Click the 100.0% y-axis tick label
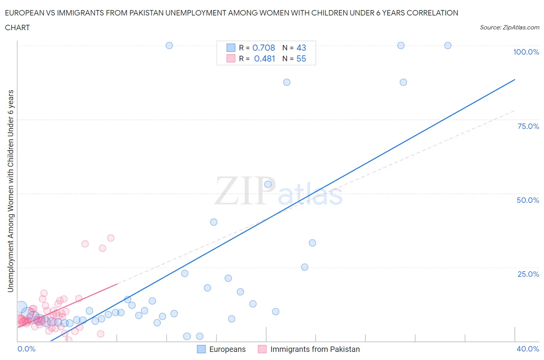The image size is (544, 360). pyautogui.click(x=526, y=52)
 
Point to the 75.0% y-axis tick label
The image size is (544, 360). pyautogui.click(x=528, y=126)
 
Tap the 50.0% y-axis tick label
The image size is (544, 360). pyautogui.click(x=528, y=200)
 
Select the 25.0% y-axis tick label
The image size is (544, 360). pyautogui.click(x=528, y=274)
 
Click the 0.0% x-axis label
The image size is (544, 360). pyautogui.click(x=26, y=349)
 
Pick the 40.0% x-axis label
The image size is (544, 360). pyautogui.click(x=528, y=349)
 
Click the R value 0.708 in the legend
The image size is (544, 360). pyautogui.click(x=263, y=48)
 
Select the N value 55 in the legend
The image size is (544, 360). pyautogui.click(x=301, y=58)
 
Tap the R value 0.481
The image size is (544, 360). pyautogui.click(x=264, y=58)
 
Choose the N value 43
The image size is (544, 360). pyautogui.click(x=301, y=48)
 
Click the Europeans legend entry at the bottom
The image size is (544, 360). pyautogui.click(x=227, y=349)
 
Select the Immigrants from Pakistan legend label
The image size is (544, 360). pyautogui.click(x=315, y=349)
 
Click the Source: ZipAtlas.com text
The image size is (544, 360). pyautogui.click(x=509, y=27)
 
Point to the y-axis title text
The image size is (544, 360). pyautogui.click(x=10, y=191)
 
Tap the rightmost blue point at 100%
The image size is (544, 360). pyautogui.click(x=448, y=45)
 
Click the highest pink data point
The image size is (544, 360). pyautogui.click(x=111, y=238)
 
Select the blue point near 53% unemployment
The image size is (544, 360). pyautogui.click(x=268, y=184)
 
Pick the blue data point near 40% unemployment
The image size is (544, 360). pyautogui.click(x=214, y=222)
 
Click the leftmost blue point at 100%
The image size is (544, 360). pyautogui.click(x=169, y=45)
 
